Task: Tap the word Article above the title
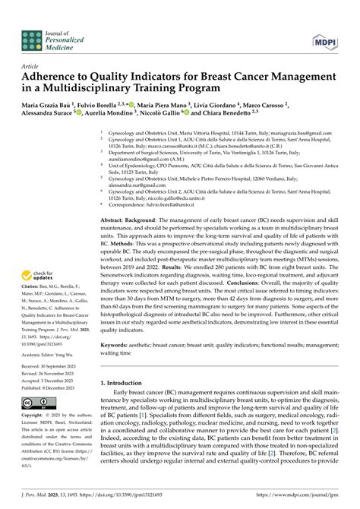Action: [31, 67]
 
